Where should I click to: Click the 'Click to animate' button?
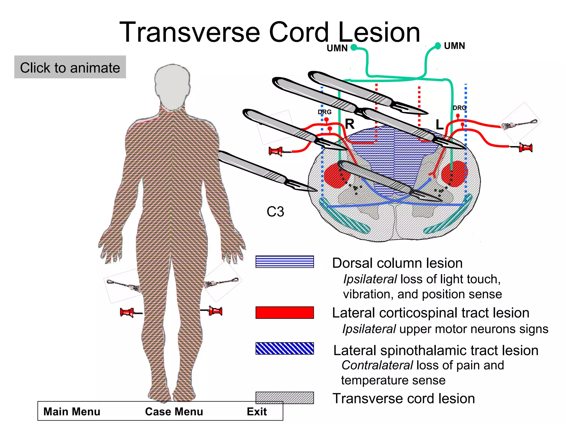coord(70,67)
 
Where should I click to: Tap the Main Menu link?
coord(72,411)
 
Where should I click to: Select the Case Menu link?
coord(174,411)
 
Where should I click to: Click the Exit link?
coord(256,411)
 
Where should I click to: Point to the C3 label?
coord(275,212)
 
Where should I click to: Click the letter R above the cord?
coord(350,124)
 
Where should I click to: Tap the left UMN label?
coord(337,48)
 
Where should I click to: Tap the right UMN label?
coord(454,46)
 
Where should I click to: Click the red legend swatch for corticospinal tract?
coord(284,312)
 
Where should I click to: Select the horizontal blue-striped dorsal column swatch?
coord(284,261)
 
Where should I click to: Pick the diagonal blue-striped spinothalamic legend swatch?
coord(284,348)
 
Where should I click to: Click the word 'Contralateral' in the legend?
coord(377,365)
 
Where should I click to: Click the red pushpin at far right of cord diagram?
coord(525,147)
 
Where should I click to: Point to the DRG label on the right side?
coord(459,108)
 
